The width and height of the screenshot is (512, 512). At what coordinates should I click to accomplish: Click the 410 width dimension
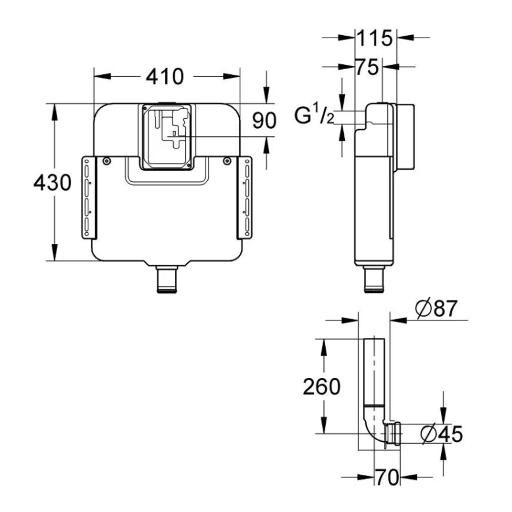tap(165, 77)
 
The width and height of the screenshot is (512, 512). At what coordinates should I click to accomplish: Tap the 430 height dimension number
tap(52, 182)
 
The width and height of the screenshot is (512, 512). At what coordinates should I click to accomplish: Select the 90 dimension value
tap(264, 120)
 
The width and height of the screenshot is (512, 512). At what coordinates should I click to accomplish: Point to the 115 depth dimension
tap(375, 38)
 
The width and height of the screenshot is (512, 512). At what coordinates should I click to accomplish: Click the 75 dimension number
tap(367, 67)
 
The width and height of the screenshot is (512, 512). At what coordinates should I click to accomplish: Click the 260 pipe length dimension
tap(322, 387)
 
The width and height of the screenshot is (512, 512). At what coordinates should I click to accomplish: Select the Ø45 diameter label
tap(442, 434)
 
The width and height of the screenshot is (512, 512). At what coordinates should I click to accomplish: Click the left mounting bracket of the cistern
tap(89, 197)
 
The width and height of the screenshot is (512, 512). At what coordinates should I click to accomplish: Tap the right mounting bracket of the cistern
tap(244, 197)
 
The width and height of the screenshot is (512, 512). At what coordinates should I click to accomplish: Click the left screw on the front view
tap(106, 161)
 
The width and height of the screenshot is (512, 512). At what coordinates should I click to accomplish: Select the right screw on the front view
tap(227, 161)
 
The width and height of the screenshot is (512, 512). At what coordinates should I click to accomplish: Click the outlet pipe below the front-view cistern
tap(167, 279)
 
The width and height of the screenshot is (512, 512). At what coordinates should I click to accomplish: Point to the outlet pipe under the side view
tap(374, 279)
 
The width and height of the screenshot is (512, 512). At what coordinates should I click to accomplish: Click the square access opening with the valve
tap(167, 137)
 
